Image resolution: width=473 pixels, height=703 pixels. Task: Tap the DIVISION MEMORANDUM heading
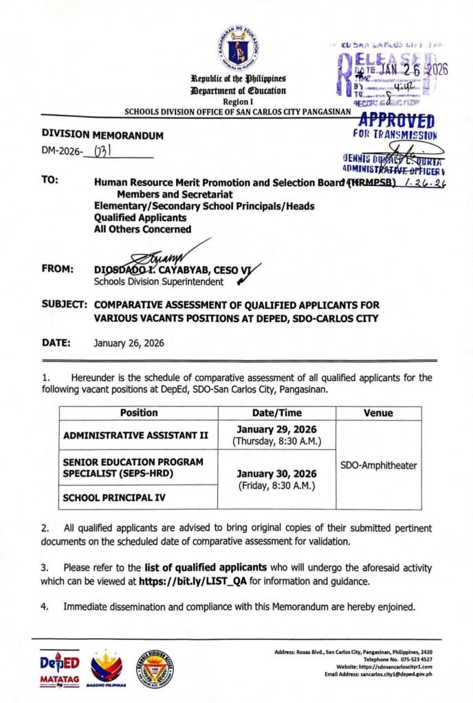pyautogui.click(x=102, y=136)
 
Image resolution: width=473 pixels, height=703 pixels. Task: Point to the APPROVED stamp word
pyautogui.click(x=397, y=121)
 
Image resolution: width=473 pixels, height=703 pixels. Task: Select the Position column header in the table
pyautogui.click(x=138, y=413)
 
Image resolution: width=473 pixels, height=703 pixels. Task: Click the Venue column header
pyautogui.click(x=378, y=413)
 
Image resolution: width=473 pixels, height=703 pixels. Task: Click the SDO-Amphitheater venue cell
pyautogui.click(x=378, y=465)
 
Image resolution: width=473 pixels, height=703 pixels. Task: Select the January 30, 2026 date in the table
pyautogui.click(x=276, y=474)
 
